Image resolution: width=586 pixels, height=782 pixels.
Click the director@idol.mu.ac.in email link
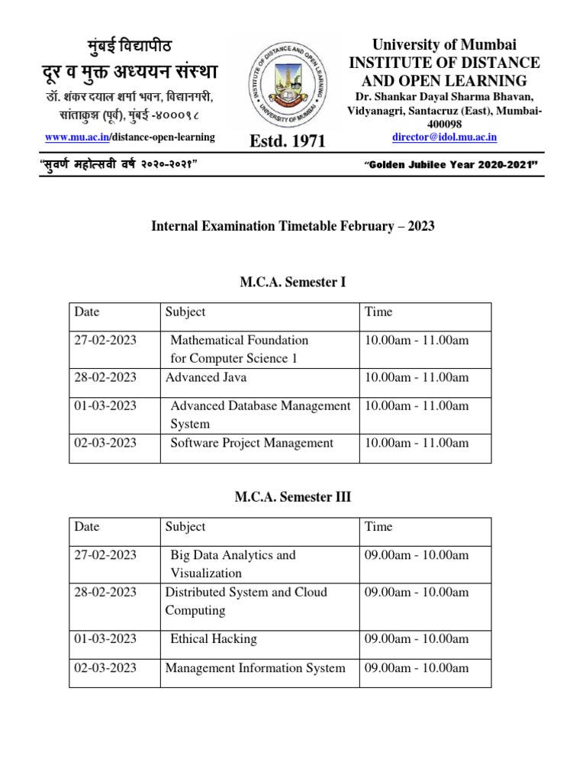(444, 137)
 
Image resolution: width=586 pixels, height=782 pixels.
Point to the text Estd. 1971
(287, 141)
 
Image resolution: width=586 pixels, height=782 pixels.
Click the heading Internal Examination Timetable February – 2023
(293, 226)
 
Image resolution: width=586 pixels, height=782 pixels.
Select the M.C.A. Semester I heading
(293, 283)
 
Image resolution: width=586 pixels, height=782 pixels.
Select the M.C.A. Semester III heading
(293, 497)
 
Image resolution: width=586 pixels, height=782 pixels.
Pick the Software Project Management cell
(252, 443)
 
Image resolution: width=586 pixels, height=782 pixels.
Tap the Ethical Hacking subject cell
(213, 639)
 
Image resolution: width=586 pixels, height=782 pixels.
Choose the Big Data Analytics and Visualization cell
(233, 564)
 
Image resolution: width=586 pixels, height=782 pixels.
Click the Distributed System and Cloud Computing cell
(246, 601)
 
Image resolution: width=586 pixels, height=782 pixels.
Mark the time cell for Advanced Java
(417, 377)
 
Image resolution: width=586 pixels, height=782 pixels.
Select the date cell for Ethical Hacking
(105, 639)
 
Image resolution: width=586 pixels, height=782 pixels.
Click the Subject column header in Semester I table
(185, 312)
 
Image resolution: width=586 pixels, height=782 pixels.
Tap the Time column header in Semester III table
(379, 526)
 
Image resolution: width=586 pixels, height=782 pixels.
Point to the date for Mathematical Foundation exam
(105, 340)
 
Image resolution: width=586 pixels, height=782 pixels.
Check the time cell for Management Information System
(417, 668)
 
